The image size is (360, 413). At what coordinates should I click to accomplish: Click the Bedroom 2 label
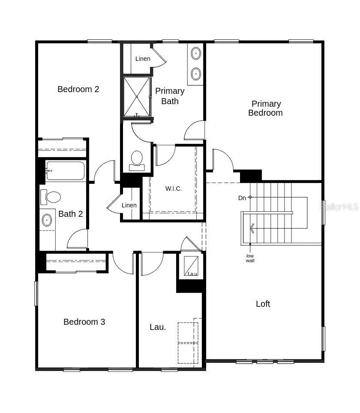point(78,89)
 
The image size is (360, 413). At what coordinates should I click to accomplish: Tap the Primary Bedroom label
point(266,108)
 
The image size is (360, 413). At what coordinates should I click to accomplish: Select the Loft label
point(263,304)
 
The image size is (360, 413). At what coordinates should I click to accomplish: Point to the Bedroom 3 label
point(84,322)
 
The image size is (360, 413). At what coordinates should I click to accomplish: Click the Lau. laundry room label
point(157,327)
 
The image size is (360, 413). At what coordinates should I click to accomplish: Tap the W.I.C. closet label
point(174,189)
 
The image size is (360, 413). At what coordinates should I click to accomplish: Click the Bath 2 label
point(70,214)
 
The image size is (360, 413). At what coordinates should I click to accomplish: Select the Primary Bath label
point(170,96)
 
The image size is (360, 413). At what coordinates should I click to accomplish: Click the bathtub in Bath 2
point(65,171)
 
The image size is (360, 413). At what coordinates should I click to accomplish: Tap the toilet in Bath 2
point(51,197)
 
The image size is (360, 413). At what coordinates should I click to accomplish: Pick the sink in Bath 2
point(47,220)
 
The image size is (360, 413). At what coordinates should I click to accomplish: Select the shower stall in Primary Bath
point(137,96)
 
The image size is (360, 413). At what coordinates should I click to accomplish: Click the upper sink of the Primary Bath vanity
point(195,54)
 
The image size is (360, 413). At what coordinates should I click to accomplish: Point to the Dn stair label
point(242,198)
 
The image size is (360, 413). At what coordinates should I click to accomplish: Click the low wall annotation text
point(250,258)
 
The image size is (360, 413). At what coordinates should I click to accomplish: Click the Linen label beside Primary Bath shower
point(143,59)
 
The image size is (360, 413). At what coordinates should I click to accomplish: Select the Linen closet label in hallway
point(129,205)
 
